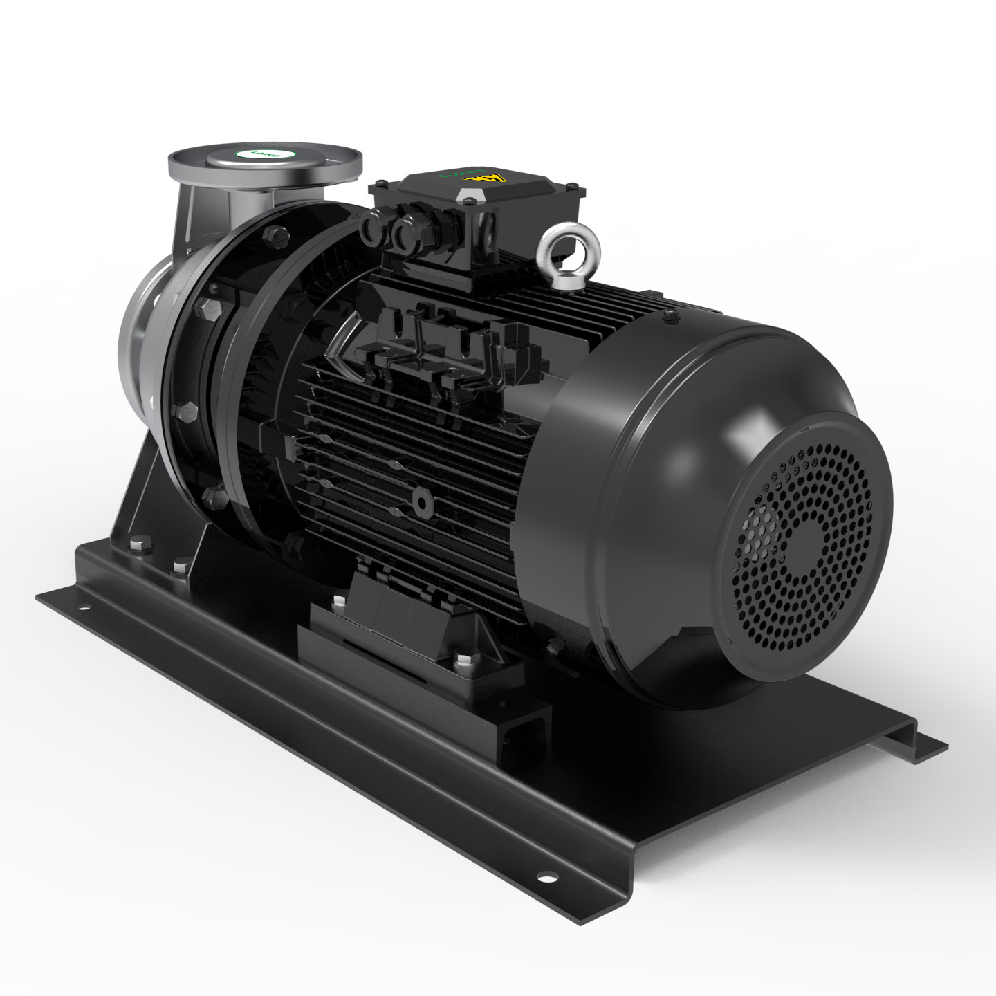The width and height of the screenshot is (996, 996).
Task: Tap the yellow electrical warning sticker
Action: point(490,178)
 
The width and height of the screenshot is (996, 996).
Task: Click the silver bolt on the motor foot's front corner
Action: point(461,660)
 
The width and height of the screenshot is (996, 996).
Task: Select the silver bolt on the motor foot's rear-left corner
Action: point(338,601)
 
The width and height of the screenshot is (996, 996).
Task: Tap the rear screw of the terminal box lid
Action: point(571,185)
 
